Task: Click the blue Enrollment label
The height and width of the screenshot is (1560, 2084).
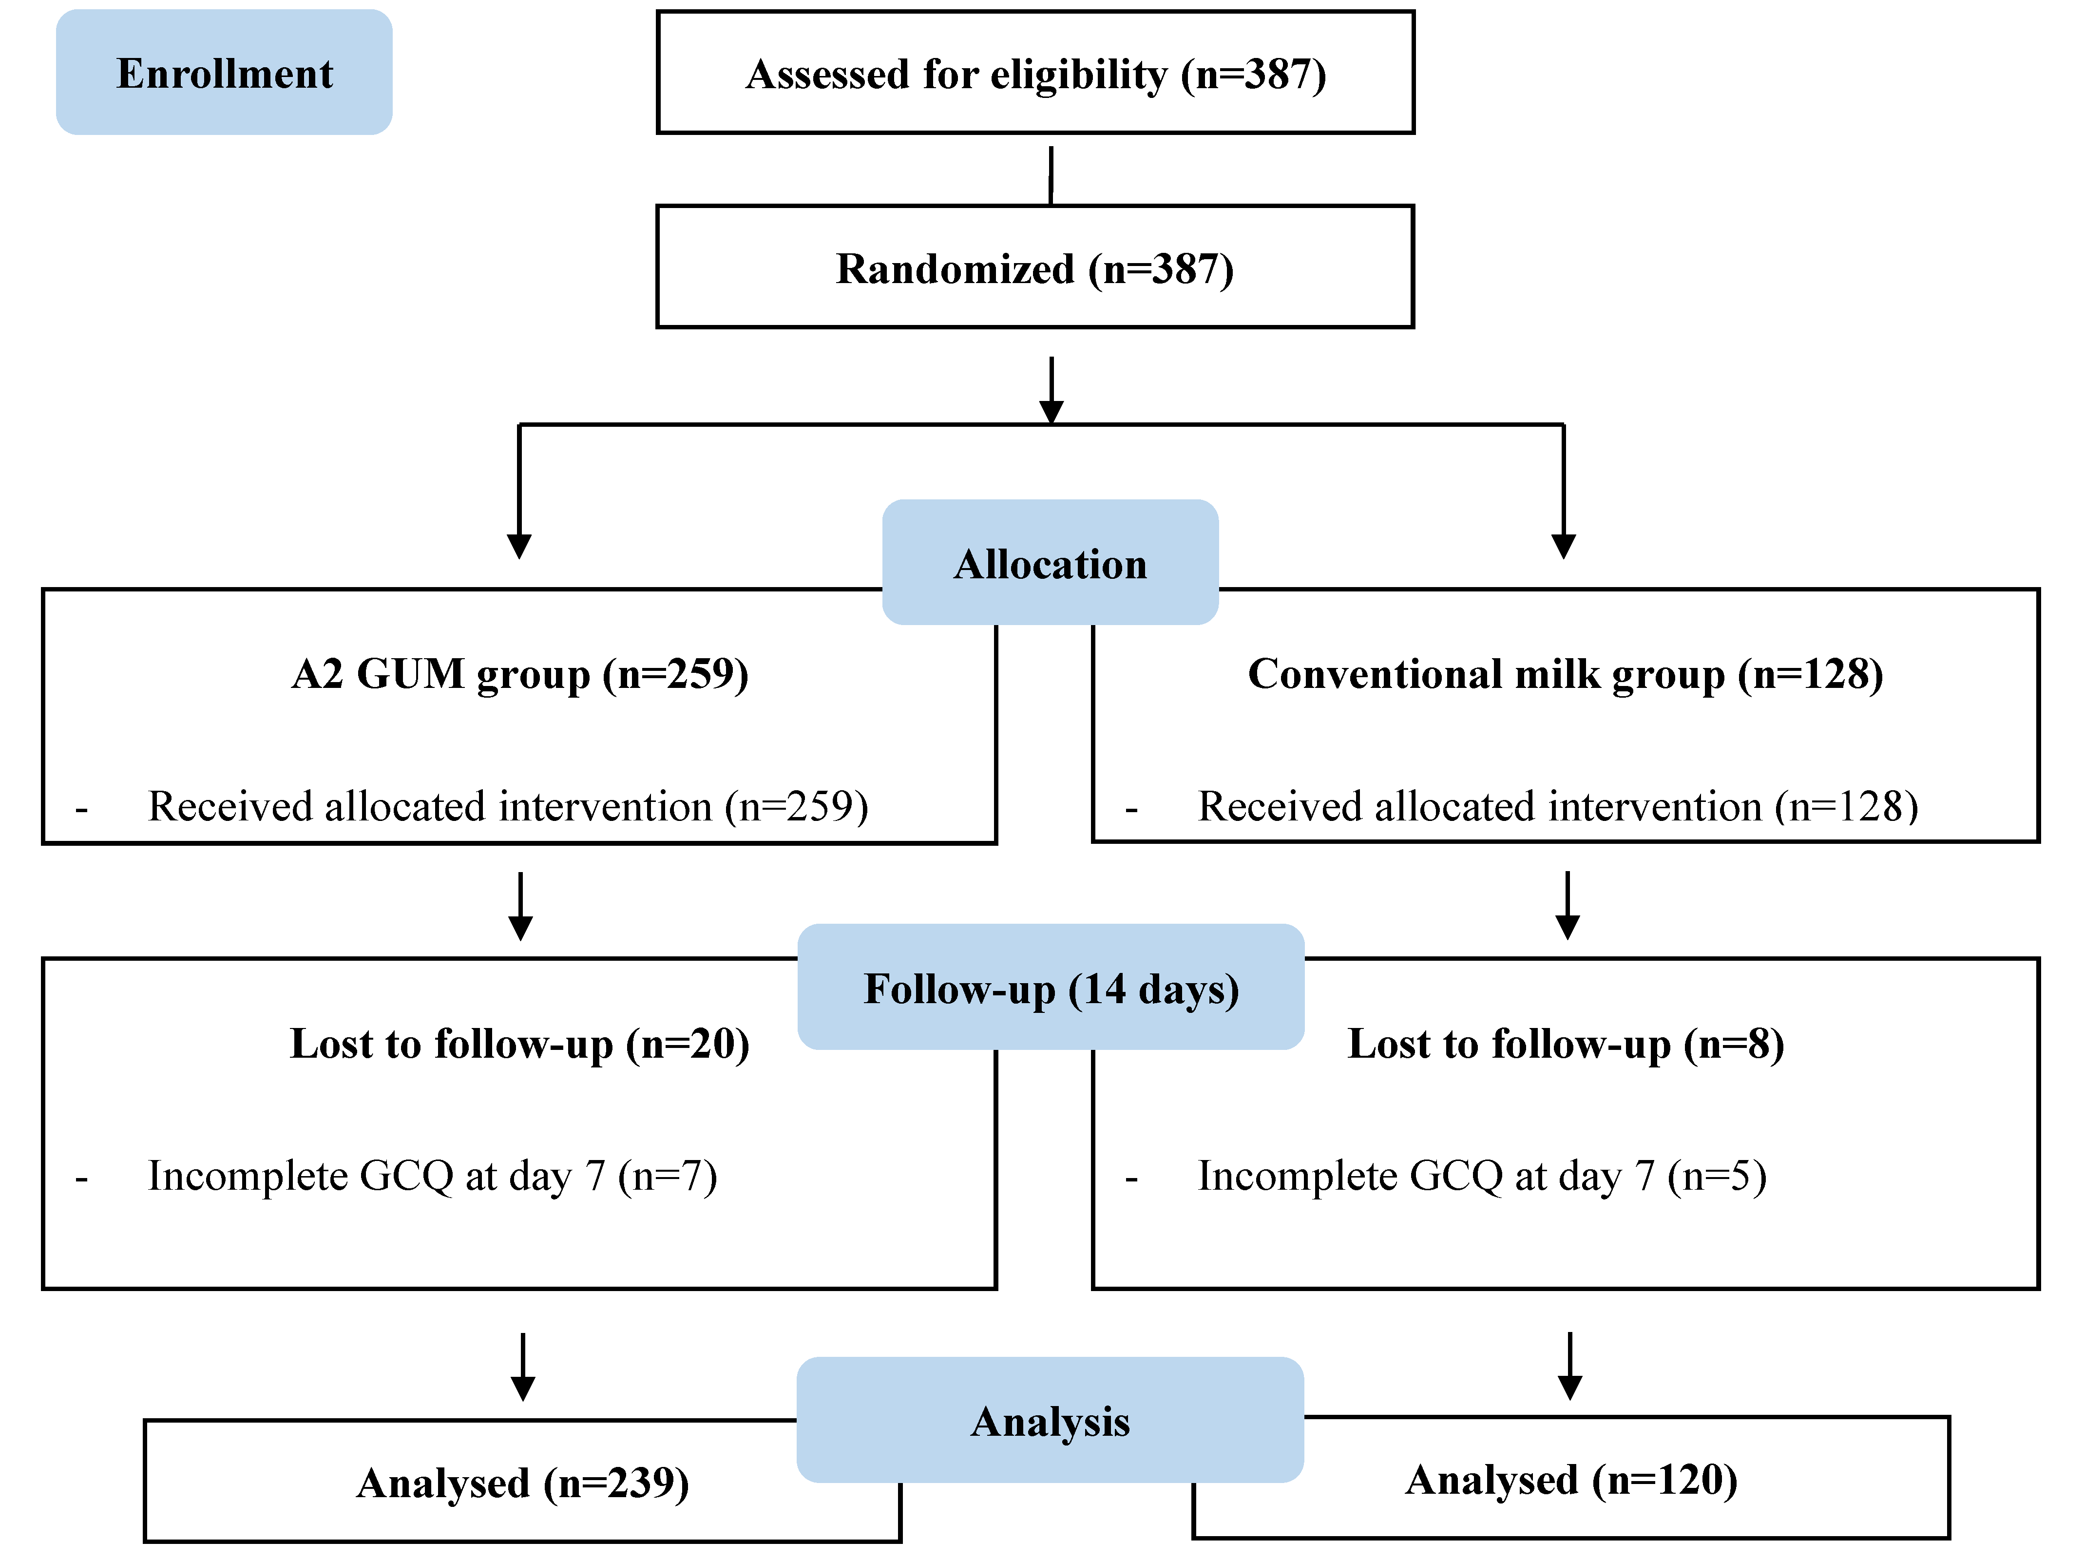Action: click(224, 73)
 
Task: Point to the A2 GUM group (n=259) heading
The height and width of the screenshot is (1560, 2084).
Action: click(520, 674)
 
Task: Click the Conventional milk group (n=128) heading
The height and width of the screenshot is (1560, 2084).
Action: click(1565, 674)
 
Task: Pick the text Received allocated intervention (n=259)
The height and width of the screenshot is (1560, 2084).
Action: click(508, 806)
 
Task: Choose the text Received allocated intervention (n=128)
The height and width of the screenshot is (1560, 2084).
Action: click(1557, 806)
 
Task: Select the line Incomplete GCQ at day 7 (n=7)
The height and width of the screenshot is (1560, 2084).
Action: click(432, 1176)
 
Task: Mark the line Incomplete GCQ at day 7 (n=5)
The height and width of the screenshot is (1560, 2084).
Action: click(1481, 1176)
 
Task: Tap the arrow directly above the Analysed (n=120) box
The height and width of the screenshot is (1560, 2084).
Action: click(1569, 1366)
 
